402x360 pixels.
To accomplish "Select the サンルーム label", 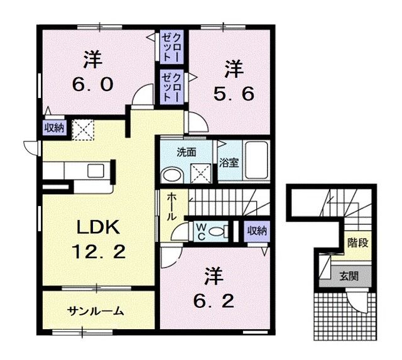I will pos(95,311).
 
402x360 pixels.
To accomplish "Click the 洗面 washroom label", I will pos(186,151).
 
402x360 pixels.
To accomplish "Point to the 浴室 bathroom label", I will pos(229,162).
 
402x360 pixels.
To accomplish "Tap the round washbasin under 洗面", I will pos(170,173).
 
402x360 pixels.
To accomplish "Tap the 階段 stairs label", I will pos(357,243).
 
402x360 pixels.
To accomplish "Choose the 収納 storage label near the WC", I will pos(256,231).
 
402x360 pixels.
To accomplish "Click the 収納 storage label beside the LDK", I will pos(54,128).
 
